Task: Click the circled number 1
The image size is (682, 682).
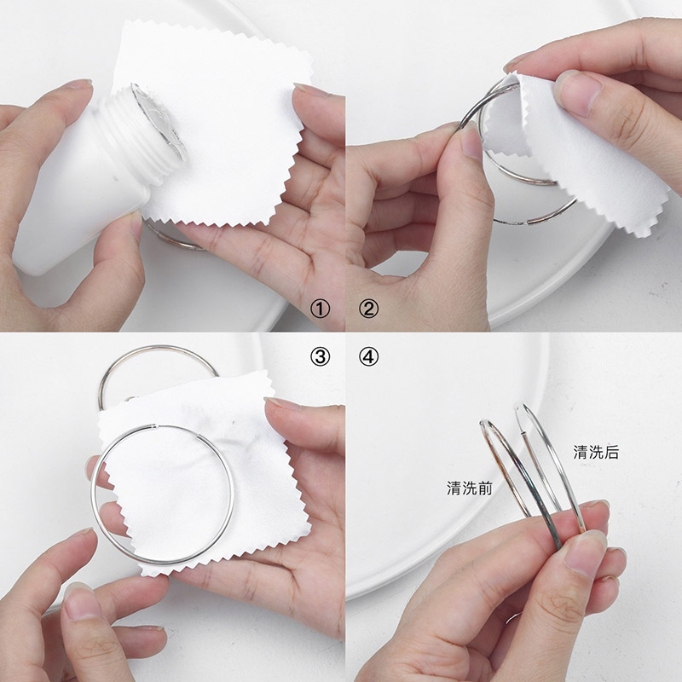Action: click(x=321, y=309)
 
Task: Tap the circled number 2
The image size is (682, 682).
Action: click(x=368, y=309)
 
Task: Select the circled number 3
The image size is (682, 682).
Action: click(x=321, y=356)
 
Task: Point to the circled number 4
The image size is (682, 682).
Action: click(x=368, y=356)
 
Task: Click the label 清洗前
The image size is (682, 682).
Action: click(x=470, y=488)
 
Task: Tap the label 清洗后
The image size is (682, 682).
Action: click(x=596, y=453)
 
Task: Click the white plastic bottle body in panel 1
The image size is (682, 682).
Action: click(x=74, y=191)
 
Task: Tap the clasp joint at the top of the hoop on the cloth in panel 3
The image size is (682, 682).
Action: click(x=156, y=426)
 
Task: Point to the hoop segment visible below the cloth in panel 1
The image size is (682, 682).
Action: click(x=174, y=239)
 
